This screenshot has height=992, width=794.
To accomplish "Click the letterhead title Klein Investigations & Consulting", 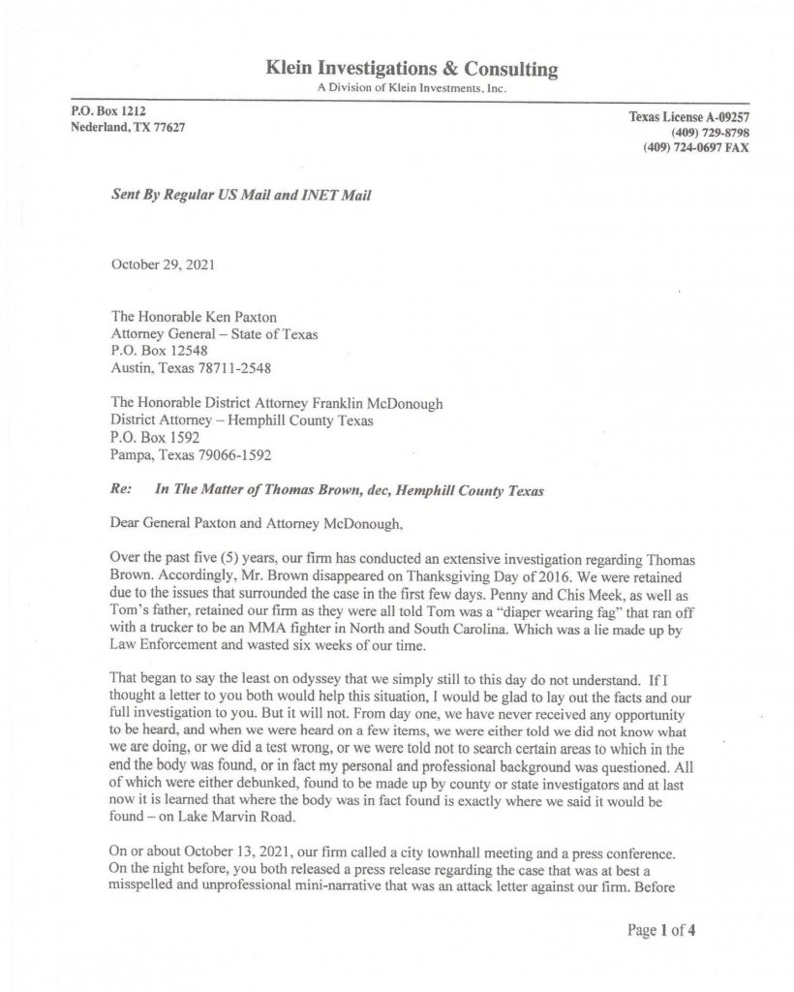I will (411, 69).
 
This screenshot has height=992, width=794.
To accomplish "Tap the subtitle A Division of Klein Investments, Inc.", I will (412, 88).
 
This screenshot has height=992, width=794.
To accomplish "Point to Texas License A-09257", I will (689, 117).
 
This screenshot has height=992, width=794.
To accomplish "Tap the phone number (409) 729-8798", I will (710, 133).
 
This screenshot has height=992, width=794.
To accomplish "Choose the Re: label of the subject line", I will (123, 489).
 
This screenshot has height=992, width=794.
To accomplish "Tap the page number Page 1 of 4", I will (661, 932).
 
